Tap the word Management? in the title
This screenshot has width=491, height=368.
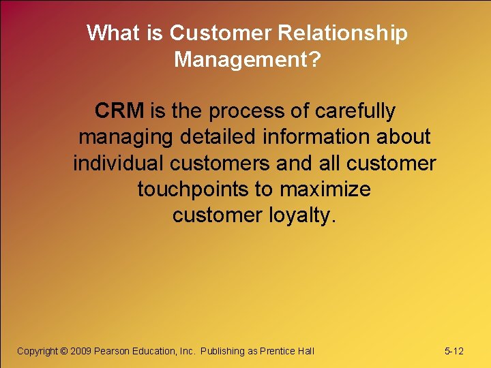coord(247,59)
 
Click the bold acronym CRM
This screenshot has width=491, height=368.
coord(119,110)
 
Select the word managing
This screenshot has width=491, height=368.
coord(127,137)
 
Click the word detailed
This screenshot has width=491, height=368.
coord(221,136)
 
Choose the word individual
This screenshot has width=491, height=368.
coord(119,163)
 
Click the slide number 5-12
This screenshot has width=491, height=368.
coord(453,351)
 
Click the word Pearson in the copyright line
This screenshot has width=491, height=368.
coord(115,351)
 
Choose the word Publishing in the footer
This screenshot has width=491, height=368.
coord(222,351)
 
